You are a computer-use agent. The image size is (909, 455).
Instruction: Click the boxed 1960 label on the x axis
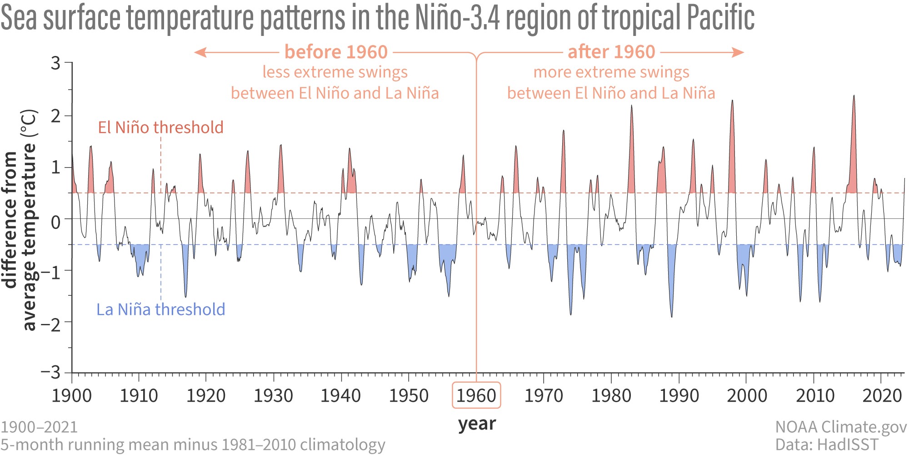point(476,395)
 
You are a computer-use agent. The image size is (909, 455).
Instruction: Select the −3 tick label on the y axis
point(51,373)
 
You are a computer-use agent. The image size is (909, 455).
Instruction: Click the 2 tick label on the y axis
point(55,116)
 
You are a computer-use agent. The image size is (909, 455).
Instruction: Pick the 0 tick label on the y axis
point(55,222)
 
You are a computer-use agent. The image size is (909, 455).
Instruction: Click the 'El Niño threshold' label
point(160,127)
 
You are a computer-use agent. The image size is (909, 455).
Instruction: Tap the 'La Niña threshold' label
point(160,309)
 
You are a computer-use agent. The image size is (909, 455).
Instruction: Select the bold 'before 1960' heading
point(336,52)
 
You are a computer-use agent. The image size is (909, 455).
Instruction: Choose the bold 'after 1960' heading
point(611,52)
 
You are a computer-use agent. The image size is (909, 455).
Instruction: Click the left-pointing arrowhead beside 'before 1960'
point(199,52)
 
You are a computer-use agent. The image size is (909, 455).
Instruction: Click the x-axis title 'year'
point(477,424)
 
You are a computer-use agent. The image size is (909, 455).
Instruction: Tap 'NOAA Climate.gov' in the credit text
point(840,427)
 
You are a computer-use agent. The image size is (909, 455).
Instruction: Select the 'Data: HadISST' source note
point(827,445)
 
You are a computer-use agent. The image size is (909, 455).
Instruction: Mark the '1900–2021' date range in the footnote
point(39,427)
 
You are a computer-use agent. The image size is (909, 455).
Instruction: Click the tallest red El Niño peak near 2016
point(854,97)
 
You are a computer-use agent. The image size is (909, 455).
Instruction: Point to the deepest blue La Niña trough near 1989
point(672,316)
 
